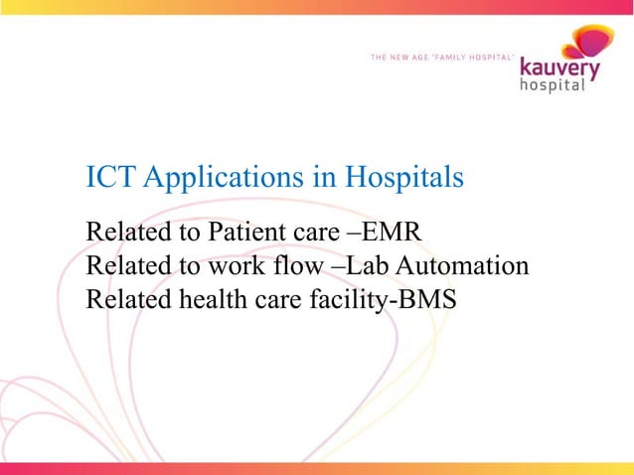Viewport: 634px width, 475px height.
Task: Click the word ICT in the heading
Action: click(110, 178)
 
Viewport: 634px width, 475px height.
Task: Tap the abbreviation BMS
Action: click(426, 299)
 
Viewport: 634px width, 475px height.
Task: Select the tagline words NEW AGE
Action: click(412, 57)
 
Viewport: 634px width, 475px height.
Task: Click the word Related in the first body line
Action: click(126, 235)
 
